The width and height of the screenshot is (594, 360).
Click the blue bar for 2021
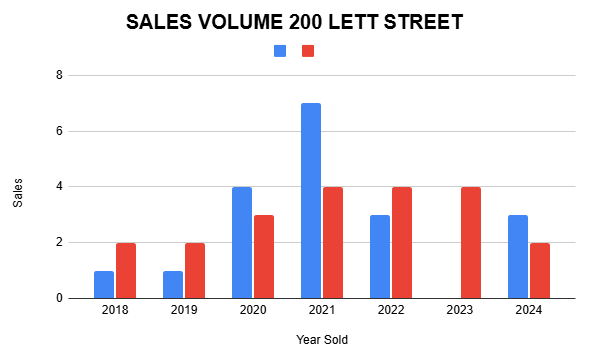tap(311, 200)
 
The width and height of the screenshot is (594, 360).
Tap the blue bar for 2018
tap(104, 284)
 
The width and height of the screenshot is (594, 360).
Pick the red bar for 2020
tap(264, 256)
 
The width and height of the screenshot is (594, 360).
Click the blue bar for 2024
tap(517, 256)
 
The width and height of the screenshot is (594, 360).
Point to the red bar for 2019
tap(195, 270)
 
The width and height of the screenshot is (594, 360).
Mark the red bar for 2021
tap(333, 242)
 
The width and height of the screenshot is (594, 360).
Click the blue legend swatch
tap(280, 51)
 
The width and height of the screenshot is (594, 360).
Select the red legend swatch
tap(308, 51)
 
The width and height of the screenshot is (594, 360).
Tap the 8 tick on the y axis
tap(59, 75)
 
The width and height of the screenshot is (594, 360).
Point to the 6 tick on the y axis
tap(59, 131)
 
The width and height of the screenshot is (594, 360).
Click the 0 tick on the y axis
tap(59, 298)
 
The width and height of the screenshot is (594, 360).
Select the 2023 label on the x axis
tap(459, 311)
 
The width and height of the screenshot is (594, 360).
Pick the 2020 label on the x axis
tap(253, 311)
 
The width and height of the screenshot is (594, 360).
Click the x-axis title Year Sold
tap(322, 340)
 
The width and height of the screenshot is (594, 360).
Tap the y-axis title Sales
tap(17, 187)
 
